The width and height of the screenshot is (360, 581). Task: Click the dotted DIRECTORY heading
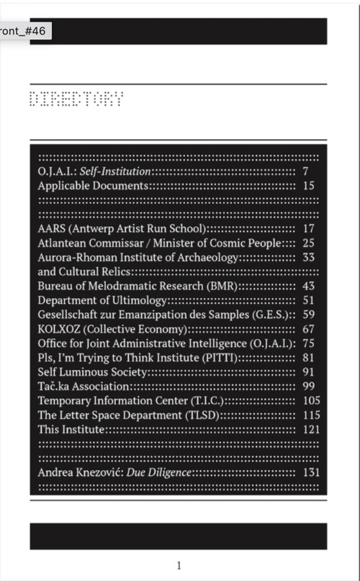tap(76, 99)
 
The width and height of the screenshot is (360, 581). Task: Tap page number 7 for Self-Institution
tap(306, 171)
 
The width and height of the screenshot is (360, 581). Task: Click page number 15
tap(309, 186)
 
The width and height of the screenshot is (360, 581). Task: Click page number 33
tap(309, 257)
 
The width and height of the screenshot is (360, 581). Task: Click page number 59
tap(309, 315)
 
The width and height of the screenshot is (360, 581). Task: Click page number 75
tap(309, 343)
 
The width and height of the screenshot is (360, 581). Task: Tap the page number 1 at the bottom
tap(179, 565)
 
